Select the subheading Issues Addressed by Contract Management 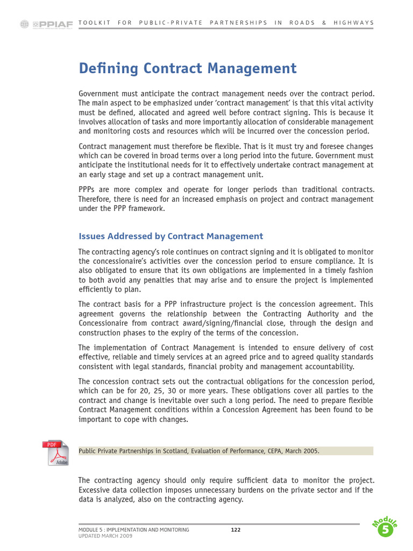(x=170, y=236)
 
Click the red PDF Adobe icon (x=56, y=453)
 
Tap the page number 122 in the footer (x=236, y=530)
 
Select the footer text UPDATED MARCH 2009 (x=105, y=536)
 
